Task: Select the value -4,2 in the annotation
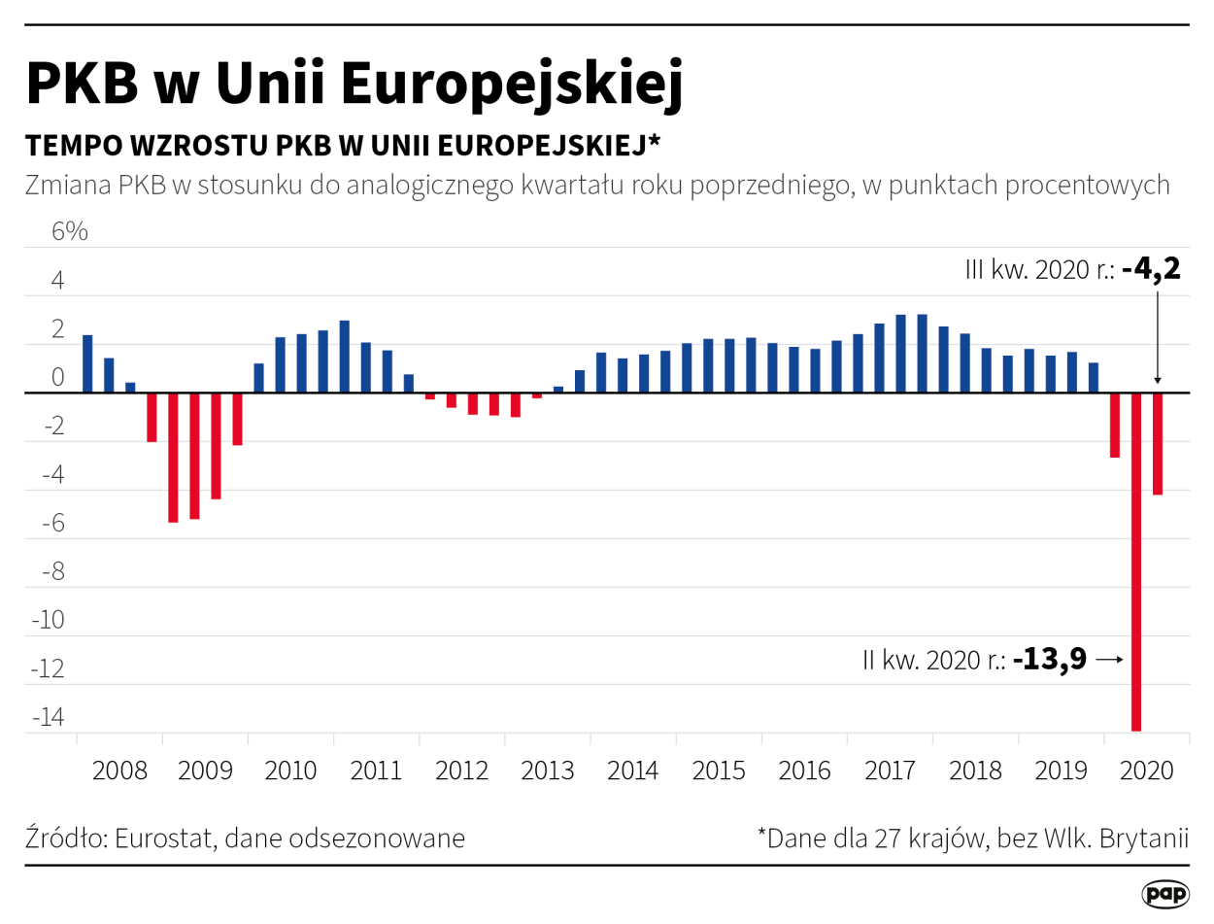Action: pyautogui.click(x=1151, y=269)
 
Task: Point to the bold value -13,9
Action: pyautogui.click(x=1049, y=660)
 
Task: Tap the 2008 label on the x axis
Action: pyautogui.click(x=119, y=771)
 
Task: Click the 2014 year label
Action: pyautogui.click(x=633, y=771)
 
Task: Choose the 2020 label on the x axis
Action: pyautogui.click(x=1147, y=771)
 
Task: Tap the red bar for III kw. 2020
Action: pyautogui.click(x=1157, y=444)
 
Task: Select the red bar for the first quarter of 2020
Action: pyautogui.click(x=1114, y=426)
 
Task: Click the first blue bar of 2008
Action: pyautogui.click(x=87, y=364)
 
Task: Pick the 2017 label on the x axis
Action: pyautogui.click(x=890, y=771)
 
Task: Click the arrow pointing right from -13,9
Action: pyautogui.click(x=1109, y=660)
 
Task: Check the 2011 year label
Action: pyautogui.click(x=376, y=771)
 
